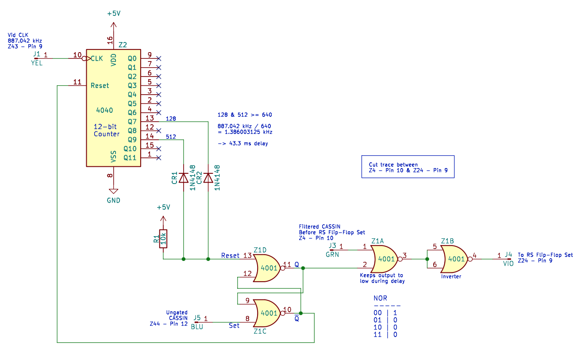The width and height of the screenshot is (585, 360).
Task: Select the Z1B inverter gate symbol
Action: pyautogui.click(x=456, y=259)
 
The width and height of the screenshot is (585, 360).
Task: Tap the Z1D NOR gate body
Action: pyautogui.click(x=268, y=268)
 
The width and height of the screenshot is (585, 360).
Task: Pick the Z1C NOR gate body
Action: pyautogui.click(x=268, y=313)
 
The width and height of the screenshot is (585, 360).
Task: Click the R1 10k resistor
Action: pyautogui.click(x=163, y=239)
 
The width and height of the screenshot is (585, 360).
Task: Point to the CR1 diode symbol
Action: pyautogui.click(x=183, y=178)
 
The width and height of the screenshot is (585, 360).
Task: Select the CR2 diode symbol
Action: pyautogui.click(x=208, y=178)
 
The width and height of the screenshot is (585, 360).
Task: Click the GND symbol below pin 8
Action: pyautogui.click(x=113, y=191)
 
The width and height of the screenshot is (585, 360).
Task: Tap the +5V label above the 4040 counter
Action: pyautogui.click(x=114, y=13)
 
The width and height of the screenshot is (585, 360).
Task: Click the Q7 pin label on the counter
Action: pyautogui.click(x=132, y=122)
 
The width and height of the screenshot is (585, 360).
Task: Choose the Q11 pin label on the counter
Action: pyautogui.click(x=130, y=158)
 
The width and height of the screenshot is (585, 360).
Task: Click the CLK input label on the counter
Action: pyautogui.click(x=97, y=58)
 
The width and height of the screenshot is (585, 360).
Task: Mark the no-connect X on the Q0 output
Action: pyautogui.click(x=158, y=58)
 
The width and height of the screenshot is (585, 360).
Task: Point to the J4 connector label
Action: pyautogui.click(x=508, y=254)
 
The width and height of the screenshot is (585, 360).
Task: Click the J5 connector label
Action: pyautogui.click(x=197, y=318)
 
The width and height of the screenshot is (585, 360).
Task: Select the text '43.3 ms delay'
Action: pyautogui.click(x=248, y=143)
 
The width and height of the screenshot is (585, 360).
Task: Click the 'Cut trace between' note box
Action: pyautogui.click(x=408, y=167)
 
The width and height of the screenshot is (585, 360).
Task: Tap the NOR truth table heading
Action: pyautogui.click(x=380, y=298)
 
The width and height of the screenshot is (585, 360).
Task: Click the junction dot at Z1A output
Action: pyautogui.click(x=427, y=259)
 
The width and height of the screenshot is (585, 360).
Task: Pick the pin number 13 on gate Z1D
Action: pyautogui.click(x=247, y=255)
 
